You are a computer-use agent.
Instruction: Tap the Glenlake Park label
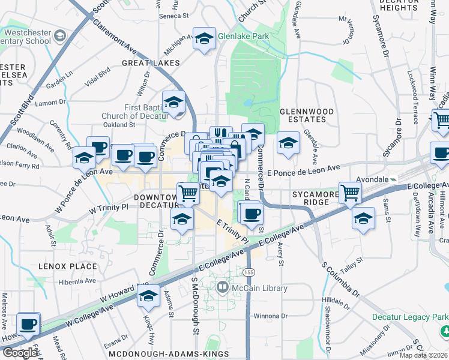243,35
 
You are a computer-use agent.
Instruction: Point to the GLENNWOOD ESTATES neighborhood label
303,115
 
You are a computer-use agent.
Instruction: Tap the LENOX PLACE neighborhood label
68,266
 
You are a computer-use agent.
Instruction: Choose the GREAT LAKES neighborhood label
151,63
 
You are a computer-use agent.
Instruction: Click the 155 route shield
248,272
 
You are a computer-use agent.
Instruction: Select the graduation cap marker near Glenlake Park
204,39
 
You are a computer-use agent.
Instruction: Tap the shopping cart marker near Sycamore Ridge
351,193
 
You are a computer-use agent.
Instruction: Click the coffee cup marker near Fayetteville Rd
28,324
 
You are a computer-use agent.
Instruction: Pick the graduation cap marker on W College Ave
148,296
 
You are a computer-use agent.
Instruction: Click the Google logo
19,353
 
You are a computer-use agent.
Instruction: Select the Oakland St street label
118,124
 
